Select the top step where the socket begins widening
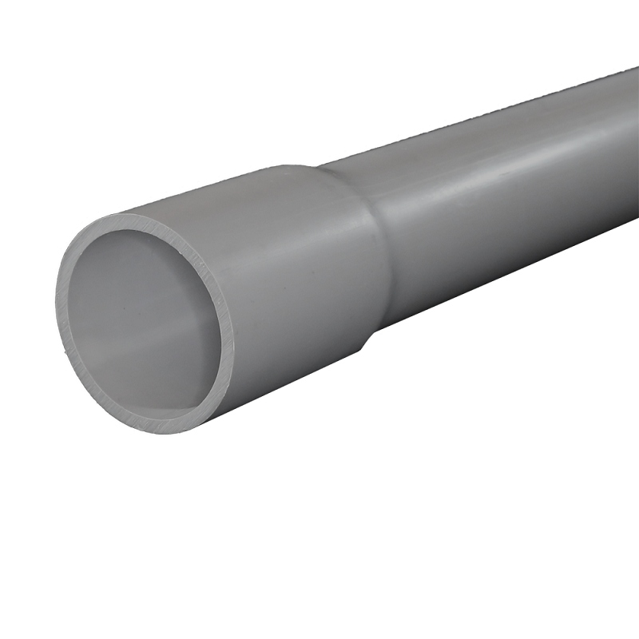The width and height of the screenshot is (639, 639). [x=319, y=169]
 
